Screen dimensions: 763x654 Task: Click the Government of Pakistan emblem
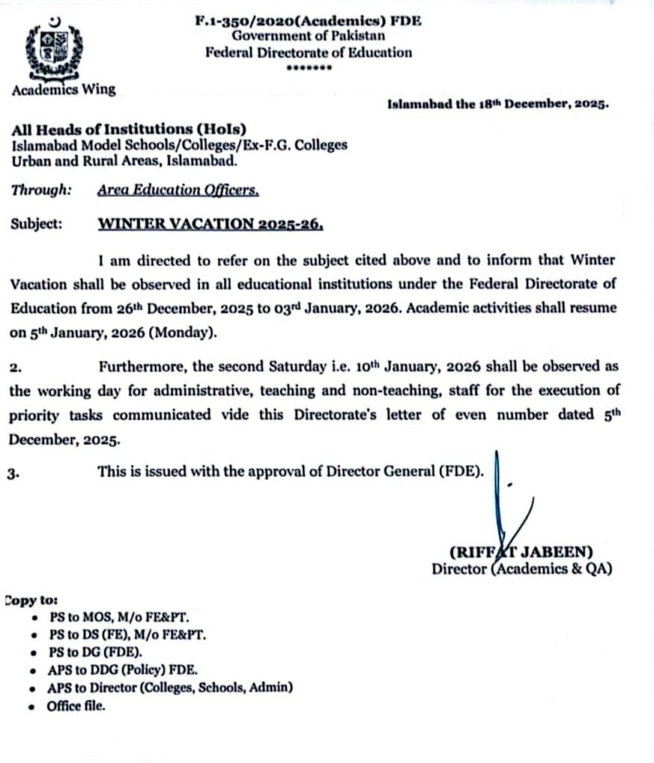(x=50, y=49)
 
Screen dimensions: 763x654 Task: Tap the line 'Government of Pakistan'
(x=308, y=37)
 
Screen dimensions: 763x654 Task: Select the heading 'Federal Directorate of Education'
(x=308, y=52)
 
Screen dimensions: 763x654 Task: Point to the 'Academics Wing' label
(x=64, y=89)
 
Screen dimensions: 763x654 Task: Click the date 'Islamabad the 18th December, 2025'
(x=498, y=104)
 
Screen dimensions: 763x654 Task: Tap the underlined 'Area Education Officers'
(x=178, y=190)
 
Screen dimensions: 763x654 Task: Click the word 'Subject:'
(x=37, y=223)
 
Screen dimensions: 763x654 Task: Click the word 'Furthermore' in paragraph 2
(x=142, y=367)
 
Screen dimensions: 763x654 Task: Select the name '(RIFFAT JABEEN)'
(x=521, y=552)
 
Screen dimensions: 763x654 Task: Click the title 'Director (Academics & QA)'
(x=521, y=569)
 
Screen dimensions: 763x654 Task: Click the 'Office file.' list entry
(x=76, y=706)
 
